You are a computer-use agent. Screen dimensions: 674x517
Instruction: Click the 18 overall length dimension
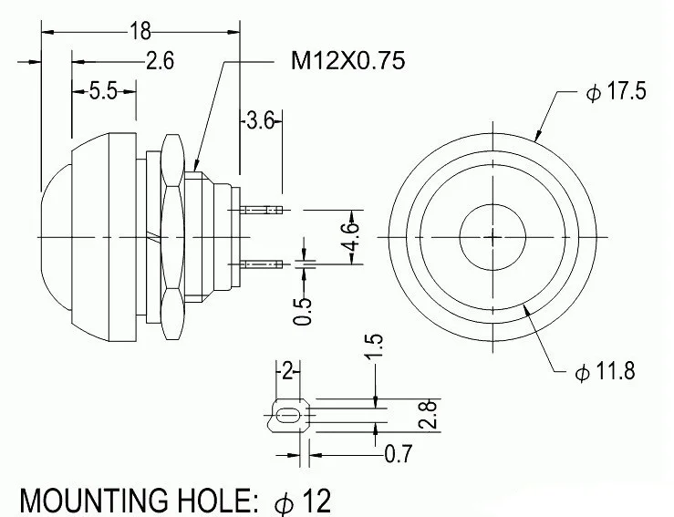[x=140, y=31]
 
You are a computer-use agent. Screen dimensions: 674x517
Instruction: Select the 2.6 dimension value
[x=160, y=60]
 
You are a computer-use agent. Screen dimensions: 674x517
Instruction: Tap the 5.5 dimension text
[x=103, y=91]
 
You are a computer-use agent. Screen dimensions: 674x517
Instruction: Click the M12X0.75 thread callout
[x=347, y=60]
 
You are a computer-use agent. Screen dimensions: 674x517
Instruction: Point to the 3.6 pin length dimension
[x=261, y=120]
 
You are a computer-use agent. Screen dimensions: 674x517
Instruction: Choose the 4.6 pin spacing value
[x=351, y=237]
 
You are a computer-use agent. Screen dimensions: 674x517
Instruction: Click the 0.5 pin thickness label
[x=302, y=311]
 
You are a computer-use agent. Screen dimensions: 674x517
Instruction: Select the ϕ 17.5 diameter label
[x=616, y=91]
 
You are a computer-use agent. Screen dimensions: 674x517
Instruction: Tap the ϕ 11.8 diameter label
[x=605, y=371]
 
